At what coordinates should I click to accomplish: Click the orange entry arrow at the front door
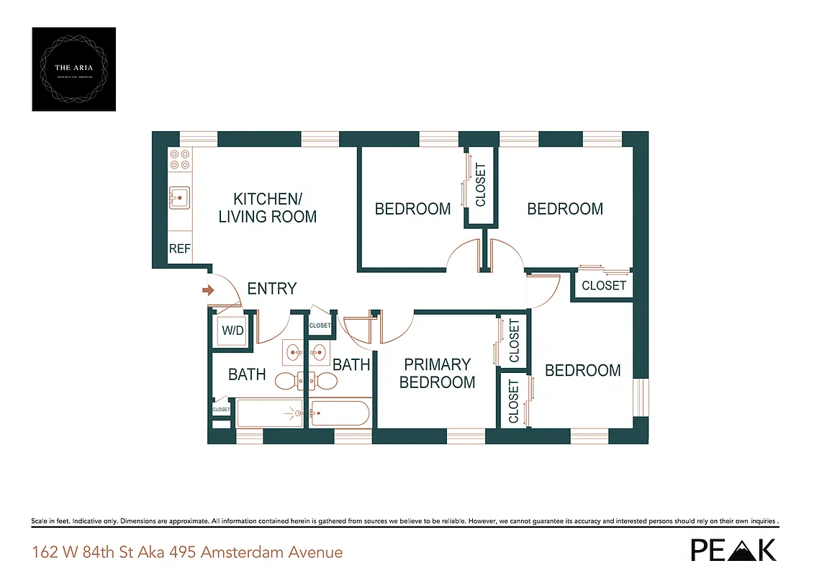(x=209, y=290)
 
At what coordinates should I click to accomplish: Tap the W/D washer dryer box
(x=232, y=332)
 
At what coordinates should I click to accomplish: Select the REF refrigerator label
(x=180, y=249)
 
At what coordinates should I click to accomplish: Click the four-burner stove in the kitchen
(x=180, y=159)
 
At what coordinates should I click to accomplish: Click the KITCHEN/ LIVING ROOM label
(x=267, y=207)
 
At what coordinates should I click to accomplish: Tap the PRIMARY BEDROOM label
(x=437, y=373)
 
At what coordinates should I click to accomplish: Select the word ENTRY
(x=271, y=289)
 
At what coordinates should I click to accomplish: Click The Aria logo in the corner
(x=74, y=69)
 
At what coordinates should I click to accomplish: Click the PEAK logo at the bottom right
(x=733, y=549)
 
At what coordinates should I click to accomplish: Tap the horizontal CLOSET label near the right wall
(x=603, y=285)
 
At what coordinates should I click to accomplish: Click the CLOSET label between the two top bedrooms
(x=480, y=184)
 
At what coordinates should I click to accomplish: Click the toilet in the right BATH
(x=326, y=381)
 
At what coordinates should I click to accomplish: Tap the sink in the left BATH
(x=293, y=353)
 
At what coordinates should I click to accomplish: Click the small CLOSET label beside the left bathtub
(x=221, y=410)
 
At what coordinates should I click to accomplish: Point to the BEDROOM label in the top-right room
(x=565, y=209)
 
